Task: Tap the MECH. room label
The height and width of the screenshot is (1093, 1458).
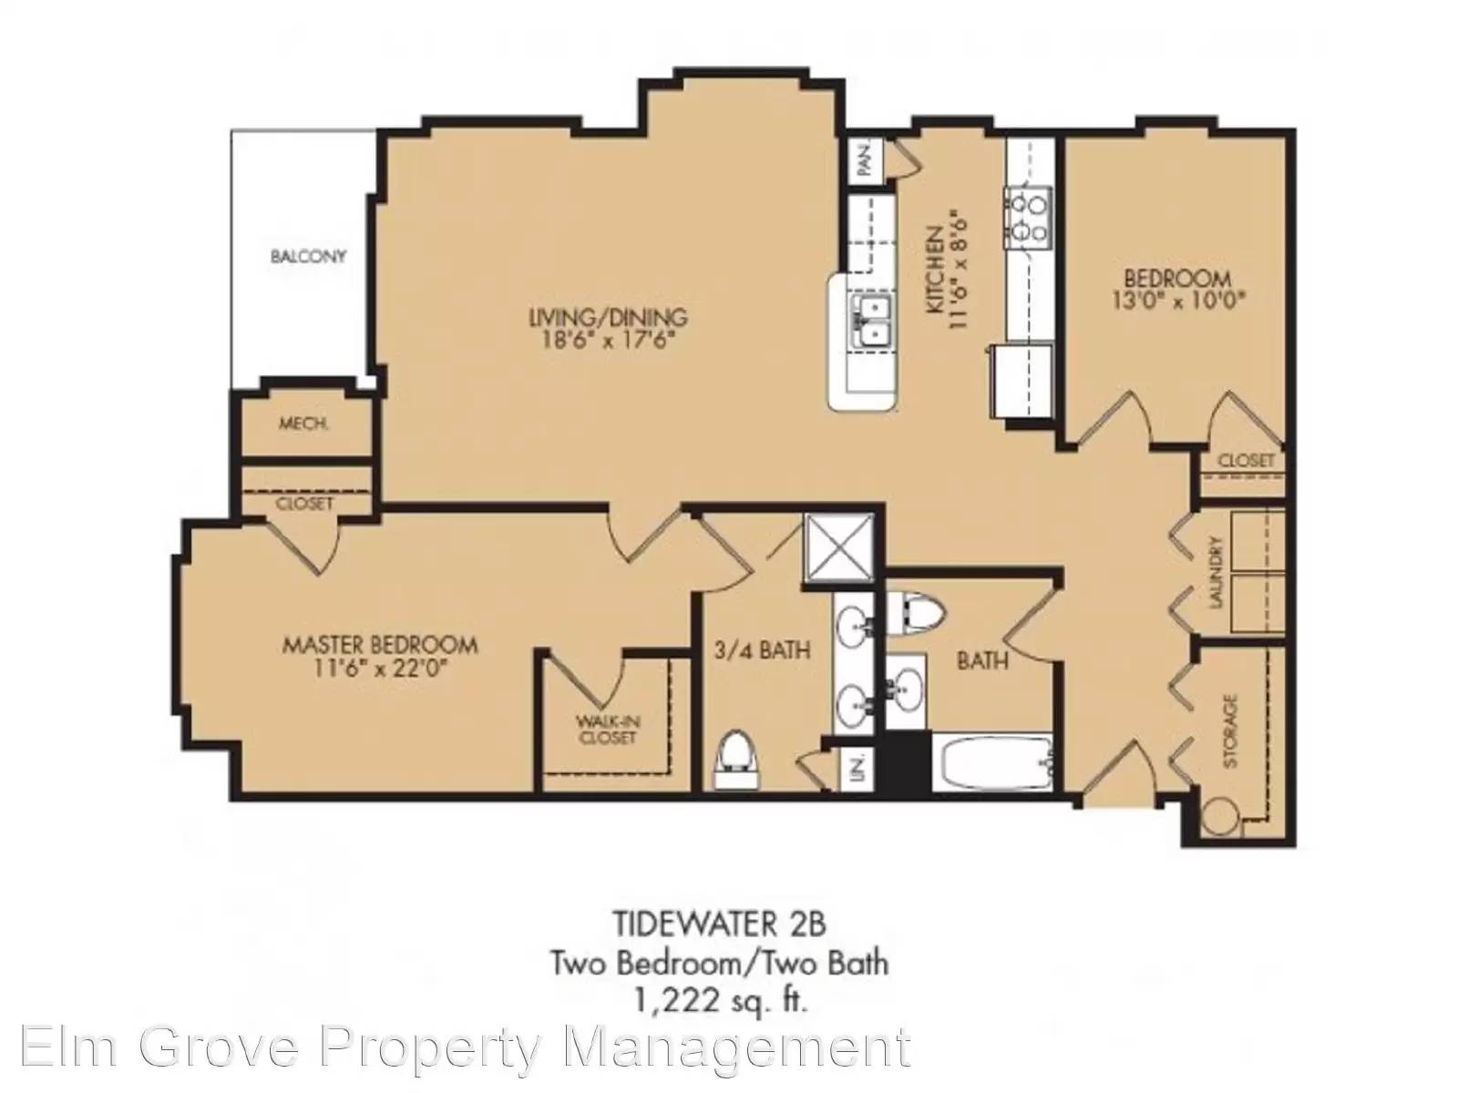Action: (x=303, y=424)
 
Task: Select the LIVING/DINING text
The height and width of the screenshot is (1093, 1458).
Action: (x=608, y=317)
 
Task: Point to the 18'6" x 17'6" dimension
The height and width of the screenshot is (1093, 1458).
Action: (x=608, y=341)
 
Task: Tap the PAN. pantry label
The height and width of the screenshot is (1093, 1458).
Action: (x=864, y=160)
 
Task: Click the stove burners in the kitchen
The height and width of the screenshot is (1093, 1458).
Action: (x=1028, y=215)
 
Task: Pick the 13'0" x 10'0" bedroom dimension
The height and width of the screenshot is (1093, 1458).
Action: (x=1177, y=300)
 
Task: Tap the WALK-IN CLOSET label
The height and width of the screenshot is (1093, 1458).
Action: (x=607, y=730)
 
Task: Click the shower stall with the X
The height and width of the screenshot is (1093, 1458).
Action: (x=839, y=547)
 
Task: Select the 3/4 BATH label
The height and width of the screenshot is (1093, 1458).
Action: (x=763, y=649)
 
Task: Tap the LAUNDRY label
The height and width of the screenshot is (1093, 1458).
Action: (x=1216, y=573)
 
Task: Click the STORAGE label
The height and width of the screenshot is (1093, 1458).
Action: (x=1229, y=730)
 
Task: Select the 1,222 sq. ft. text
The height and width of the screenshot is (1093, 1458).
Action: (x=720, y=1001)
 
